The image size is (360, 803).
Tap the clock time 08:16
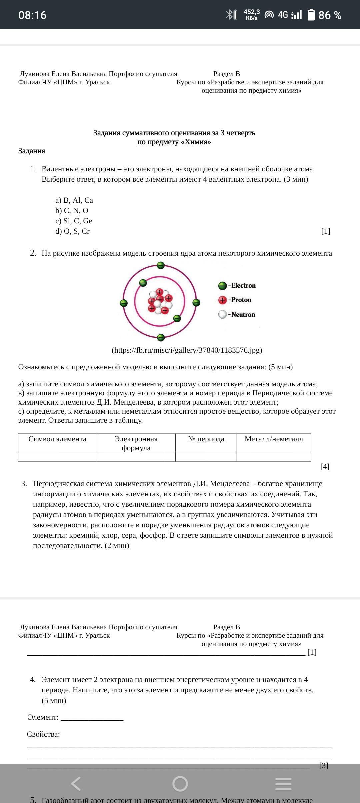[32, 15]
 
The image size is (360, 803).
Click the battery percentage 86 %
[330, 15]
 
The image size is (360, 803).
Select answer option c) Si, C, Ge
[74, 221]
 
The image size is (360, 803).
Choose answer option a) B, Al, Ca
[74, 200]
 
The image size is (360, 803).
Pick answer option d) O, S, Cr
[73, 231]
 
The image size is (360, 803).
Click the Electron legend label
[243, 286]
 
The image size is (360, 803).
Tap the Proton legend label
[241, 300]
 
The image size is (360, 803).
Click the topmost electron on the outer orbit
[161, 266]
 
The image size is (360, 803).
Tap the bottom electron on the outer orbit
[161, 337]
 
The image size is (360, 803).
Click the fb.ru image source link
[187, 350]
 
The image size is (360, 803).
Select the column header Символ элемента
[57, 439]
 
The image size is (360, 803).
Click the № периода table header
[206, 439]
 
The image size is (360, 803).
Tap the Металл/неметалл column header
[274, 439]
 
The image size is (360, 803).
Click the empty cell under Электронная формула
[136, 457]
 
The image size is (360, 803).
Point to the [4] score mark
[325, 467]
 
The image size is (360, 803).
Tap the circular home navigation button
[180, 784]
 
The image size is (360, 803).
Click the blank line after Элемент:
[92, 717]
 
